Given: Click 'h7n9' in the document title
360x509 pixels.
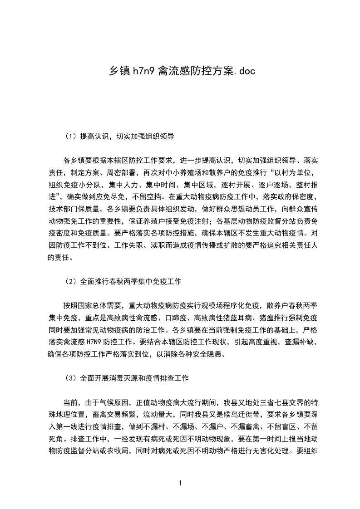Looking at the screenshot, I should click(142, 71).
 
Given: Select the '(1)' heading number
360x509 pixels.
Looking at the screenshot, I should click(72, 136).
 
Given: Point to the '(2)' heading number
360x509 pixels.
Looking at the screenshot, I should click(72, 282).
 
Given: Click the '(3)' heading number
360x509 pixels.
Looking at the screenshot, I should click(72, 377).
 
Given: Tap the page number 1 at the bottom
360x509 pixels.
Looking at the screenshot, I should click(180, 483).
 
